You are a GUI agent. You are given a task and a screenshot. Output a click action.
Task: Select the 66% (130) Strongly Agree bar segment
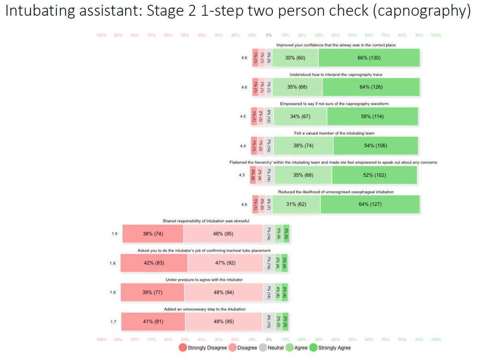tap(369, 58)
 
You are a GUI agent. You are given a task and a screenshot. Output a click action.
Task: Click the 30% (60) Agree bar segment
tap(295, 58)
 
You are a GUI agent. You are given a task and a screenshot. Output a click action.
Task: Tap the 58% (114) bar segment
tap(372, 117)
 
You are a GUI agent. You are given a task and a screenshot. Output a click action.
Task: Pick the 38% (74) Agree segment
tap(303, 146)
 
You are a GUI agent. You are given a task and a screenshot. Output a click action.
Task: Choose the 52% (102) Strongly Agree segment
tap(374, 175)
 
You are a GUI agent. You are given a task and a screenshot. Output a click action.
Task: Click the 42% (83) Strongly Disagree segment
tap(154, 263)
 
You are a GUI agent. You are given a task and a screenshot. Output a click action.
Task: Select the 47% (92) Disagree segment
tap(225, 263)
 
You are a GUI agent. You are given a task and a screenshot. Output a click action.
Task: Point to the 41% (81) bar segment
tap(153, 321)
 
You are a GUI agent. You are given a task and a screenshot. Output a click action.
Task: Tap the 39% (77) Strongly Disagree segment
tap(152, 292)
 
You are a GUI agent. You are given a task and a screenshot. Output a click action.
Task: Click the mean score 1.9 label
tap(115, 234)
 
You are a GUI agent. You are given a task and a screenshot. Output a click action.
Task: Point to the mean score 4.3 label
tap(242, 175)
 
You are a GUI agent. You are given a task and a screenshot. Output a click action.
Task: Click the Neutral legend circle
tap(262, 348)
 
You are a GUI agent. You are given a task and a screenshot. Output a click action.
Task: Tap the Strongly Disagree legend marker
tap(183, 348)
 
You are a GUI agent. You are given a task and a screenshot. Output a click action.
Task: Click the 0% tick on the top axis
tap(268, 35)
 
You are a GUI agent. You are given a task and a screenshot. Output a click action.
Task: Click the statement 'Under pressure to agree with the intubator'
tap(204, 280)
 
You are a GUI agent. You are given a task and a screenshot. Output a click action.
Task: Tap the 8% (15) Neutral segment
tap(268, 321)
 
